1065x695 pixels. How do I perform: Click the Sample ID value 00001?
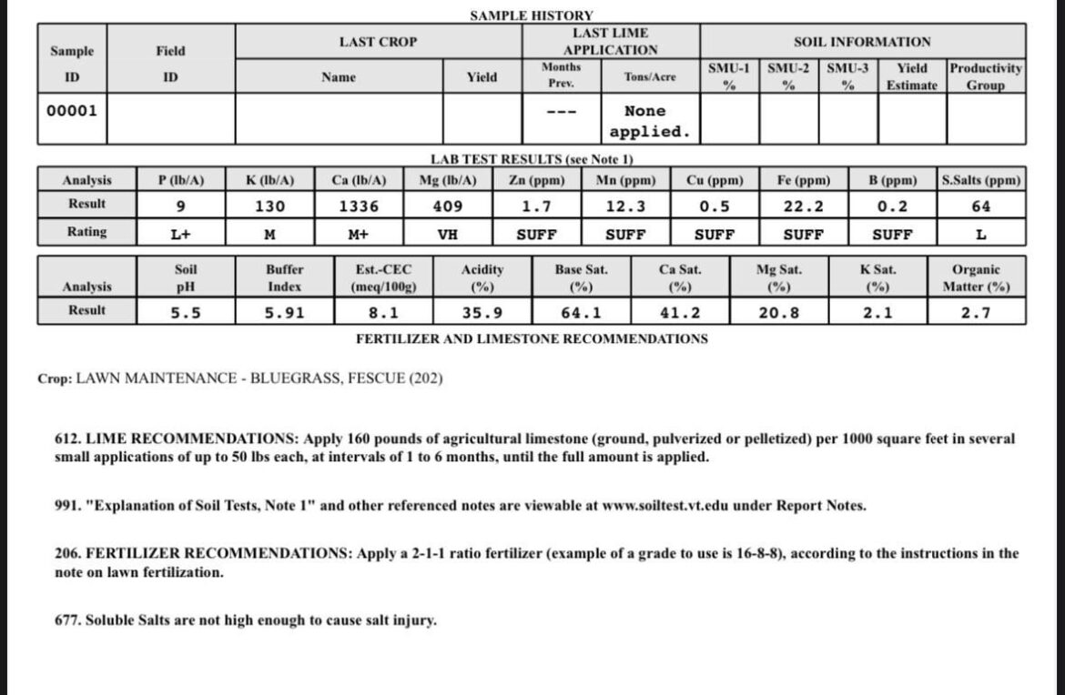[x=72, y=111]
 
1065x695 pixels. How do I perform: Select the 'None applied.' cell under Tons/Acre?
[x=649, y=121]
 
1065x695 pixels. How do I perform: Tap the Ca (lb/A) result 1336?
[x=359, y=206]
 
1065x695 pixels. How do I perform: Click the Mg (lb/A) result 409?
[x=447, y=206]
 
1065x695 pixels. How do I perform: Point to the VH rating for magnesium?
[x=447, y=235]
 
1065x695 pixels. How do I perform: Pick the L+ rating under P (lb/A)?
[x=180, y=235]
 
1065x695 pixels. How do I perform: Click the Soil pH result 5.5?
[x=186, y=313]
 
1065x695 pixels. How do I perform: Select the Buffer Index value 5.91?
[x=284, y=313]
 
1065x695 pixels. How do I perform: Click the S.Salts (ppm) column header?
[x=981, y=180]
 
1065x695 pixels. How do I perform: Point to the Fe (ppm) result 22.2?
[x=804, y=206]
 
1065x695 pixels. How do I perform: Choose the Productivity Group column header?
[x=985, y=76]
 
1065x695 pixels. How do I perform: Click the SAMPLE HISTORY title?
[x=532, y=15]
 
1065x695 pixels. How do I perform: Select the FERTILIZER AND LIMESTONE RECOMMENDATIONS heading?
[x=531, y=338]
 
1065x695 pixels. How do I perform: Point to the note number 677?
[x=67, y=620]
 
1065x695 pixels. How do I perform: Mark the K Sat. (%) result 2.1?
[x=877, y=313]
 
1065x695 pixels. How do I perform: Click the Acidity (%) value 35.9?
[x=482, y=313]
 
